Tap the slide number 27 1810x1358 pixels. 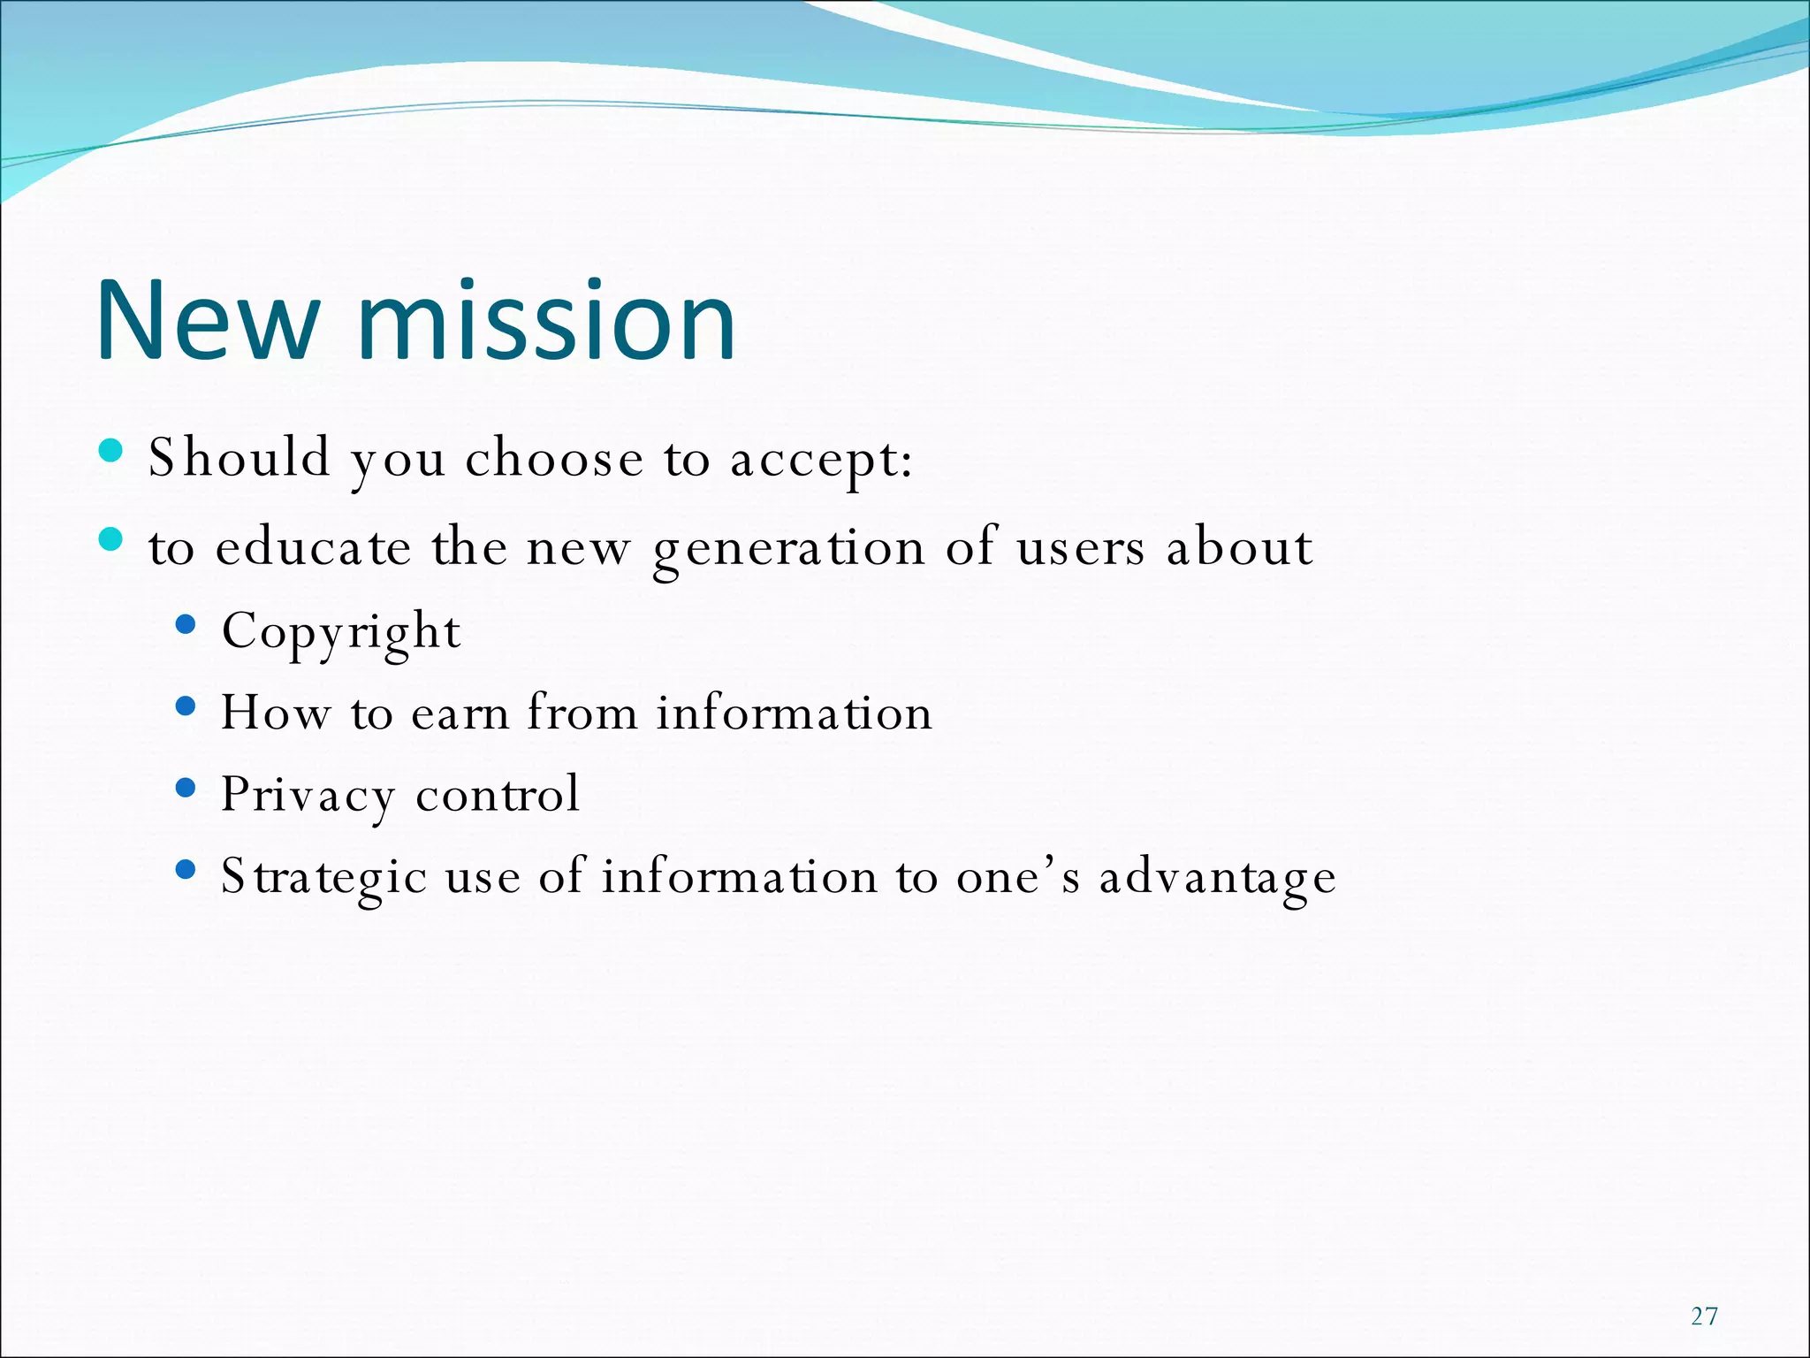click(1704, 1316)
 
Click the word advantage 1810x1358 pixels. click(1217, 878)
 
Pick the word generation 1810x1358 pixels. click(788, 548)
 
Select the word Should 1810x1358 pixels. click(239, 458)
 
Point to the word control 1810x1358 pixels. click(498, 794)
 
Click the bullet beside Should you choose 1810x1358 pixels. click(111, 451)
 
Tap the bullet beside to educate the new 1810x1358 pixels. click(111, 539)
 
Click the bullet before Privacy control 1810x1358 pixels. click(186, 788)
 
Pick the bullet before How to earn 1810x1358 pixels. click(186, 706)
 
